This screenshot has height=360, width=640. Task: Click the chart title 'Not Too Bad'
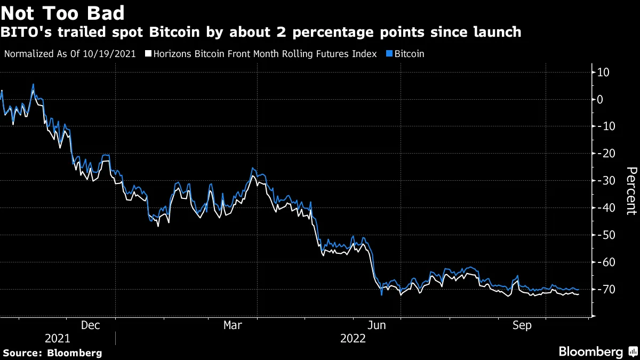click(x=63, y=13)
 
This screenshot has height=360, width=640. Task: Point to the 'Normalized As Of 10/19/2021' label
click(x=70, y=54)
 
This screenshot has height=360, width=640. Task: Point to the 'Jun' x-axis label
click(x=378, y=325)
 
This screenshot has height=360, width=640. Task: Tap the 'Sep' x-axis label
click(x=522, y=325)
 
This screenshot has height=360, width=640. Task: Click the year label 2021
click(x=57, y=339)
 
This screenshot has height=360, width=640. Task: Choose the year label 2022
click(x=353, y=339)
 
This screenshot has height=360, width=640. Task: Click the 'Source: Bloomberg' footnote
click(x=52, y=353)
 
